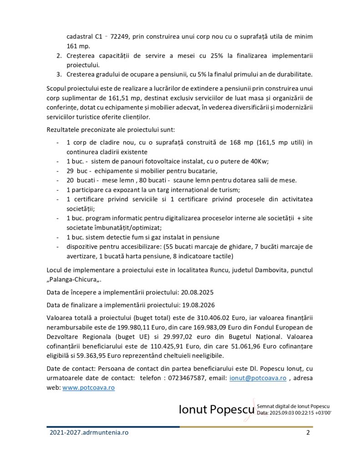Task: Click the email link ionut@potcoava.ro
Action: click(258, 378)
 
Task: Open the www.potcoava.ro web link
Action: click(88, 388)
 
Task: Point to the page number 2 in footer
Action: click(308, 433)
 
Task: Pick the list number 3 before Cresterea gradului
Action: click(59, 74)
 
